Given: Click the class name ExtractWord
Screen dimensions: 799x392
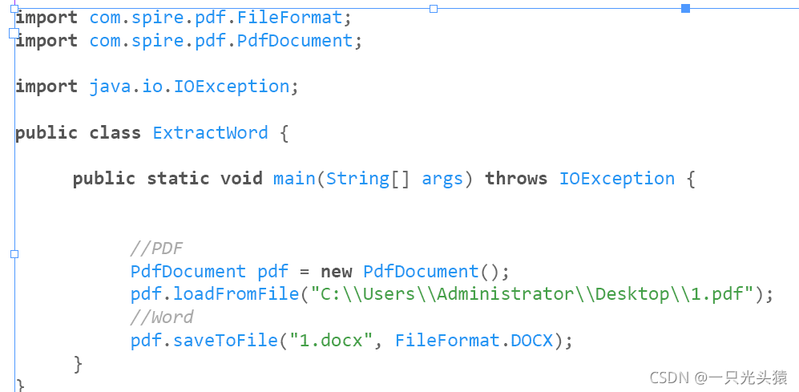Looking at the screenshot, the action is tap(210, 132).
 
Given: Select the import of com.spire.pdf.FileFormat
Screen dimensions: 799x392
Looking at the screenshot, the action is tap(220, 17).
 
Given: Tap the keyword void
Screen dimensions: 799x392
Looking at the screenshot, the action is tap(241, 178).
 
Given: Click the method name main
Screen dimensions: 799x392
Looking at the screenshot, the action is tap(294, 178).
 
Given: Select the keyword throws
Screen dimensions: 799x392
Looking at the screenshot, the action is tap(516, 178).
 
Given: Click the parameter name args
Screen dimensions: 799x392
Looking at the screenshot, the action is tap(442, 178).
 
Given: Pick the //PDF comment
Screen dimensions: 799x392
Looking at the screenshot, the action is tap(156, 248).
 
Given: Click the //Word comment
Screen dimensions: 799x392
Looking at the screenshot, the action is tap(162, 317).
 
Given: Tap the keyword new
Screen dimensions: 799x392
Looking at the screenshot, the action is tap(337, 271).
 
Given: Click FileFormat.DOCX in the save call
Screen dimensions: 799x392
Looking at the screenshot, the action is tap(474, 340).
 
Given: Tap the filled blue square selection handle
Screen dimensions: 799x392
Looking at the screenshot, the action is tap(685, 8).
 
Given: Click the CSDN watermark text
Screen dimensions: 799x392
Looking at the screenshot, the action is tap(718, 377).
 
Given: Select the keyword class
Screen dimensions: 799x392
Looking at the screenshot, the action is tap(115, 132).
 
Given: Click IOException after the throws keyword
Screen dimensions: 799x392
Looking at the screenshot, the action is tap(616, 178).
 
